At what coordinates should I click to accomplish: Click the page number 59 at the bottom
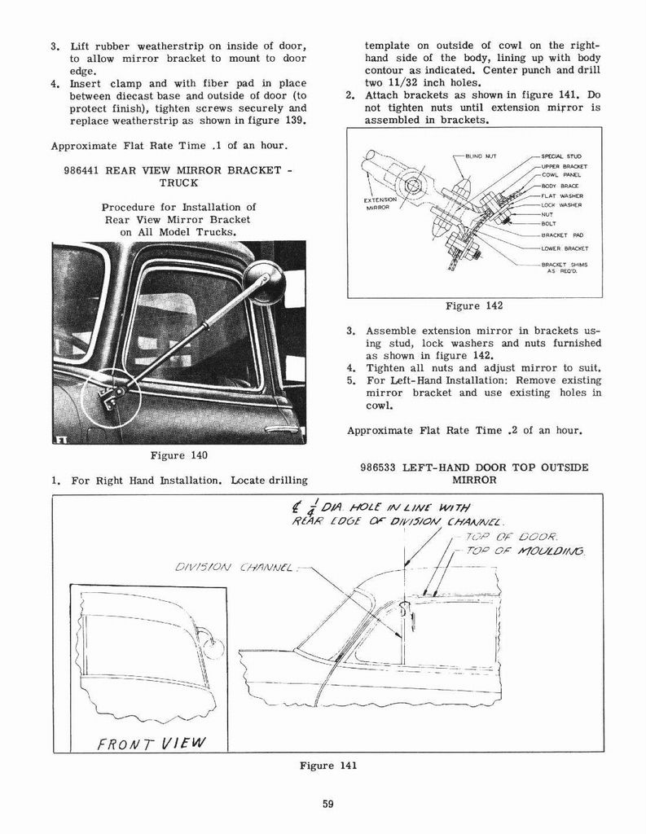point(327,804)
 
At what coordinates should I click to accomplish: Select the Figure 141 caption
point(327,765)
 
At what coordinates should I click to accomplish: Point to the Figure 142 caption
point(474,305)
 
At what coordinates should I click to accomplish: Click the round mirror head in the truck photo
point(265,283)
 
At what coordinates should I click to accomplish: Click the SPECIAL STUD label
point(561,156)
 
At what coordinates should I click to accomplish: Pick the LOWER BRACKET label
point(563,248)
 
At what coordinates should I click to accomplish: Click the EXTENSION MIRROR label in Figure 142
point(380,203)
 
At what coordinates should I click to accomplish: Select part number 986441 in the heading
point(87,170)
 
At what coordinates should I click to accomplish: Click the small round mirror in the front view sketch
point(214,647)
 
